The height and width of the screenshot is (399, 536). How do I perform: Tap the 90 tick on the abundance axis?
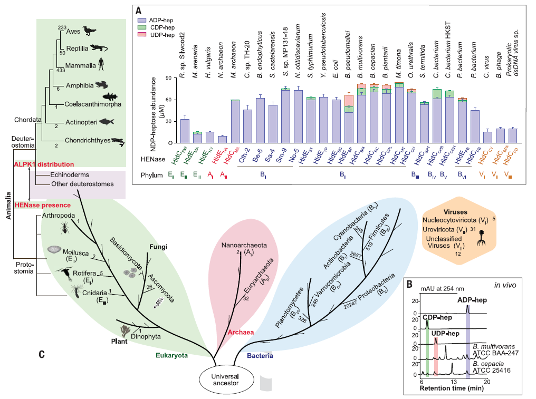point(168,78)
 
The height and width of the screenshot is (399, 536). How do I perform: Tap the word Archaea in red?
point(241,332)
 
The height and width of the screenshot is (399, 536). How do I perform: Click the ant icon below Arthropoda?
point(64,227)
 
